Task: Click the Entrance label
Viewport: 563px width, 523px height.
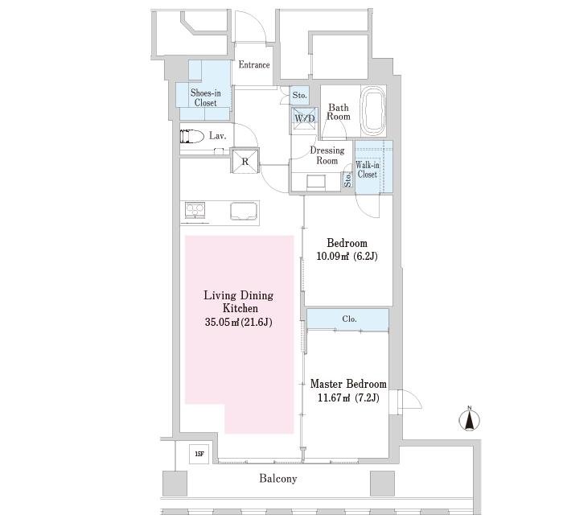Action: click(x=254, y=65)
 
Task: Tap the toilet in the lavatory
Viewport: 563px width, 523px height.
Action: click(x=192, y=136)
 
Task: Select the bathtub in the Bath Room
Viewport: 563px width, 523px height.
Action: click(x=373, y=111)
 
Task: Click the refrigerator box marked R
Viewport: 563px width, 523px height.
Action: click(x=245, y=161)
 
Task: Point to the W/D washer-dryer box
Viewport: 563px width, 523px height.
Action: click(x=305, y=118)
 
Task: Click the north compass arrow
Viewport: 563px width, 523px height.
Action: click(x=470, y=419)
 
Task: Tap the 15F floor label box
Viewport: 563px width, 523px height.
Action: click(x=199, y=454)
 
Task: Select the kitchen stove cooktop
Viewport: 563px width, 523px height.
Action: click(x=195, y=210)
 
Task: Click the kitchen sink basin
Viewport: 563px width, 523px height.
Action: click(x=245, y=211)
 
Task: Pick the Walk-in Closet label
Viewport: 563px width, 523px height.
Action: click(x=367, y=170)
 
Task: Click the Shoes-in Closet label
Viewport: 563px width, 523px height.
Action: click(x=205, y=97)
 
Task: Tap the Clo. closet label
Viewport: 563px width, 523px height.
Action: click(x=349, y=319)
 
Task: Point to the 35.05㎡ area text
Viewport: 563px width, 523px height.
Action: click(x=221, y=322)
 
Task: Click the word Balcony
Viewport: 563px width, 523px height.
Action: click(x=278, y=479)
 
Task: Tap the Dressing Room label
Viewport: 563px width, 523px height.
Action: click(x=327, y=155)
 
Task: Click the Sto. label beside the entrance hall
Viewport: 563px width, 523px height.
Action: click(x=299, y=95)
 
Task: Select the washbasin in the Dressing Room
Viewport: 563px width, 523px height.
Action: click(x=316, y=181)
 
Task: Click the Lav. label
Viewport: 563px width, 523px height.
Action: click(x=218, y=136)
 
